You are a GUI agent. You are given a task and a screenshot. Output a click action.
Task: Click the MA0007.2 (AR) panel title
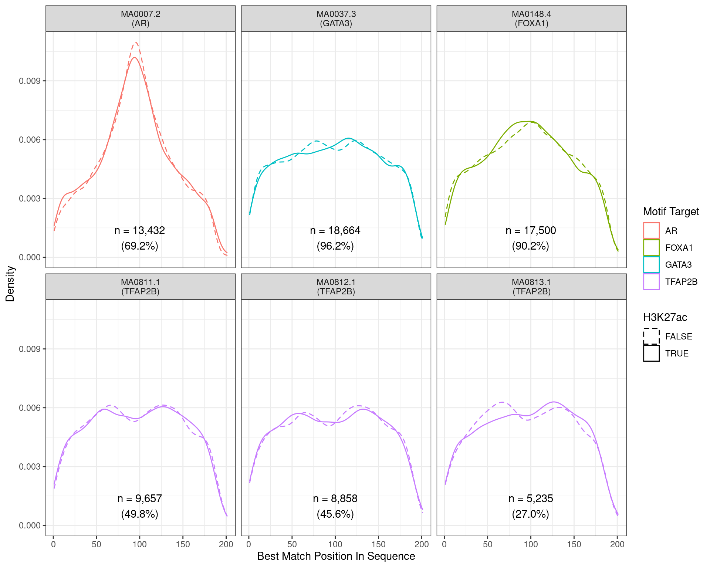[x=141, y=18]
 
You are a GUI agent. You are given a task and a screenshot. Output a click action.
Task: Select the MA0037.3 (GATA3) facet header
[x=336, y=18]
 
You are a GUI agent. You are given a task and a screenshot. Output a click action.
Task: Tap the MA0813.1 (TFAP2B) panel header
[x=531, y=287]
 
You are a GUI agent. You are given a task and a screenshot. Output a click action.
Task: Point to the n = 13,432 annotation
[x=139, y=230]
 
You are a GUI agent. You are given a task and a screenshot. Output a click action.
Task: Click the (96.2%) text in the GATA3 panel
[x=335, y=246]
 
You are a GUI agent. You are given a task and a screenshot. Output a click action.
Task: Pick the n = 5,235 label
[x=531, y=498]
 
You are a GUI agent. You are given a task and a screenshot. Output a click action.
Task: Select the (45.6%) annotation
[x=335, y=514]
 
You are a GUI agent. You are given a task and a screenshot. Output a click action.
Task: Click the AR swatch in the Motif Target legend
[x=651, y=230]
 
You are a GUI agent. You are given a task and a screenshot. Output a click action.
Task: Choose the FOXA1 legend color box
[x=651, y=247]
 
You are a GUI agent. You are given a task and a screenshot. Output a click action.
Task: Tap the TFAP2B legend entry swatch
[x=651, y=281]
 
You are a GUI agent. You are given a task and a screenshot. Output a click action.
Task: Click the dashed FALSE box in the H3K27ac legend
[x=651, y=336]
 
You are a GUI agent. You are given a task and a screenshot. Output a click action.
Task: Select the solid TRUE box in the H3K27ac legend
[x=651, y=353]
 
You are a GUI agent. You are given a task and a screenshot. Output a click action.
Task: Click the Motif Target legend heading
[x=671, y=212]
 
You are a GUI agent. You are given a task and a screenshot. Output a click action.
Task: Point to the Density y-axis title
[x=10, y=284]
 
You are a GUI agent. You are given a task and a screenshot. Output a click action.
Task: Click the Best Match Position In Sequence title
[x=336, y=556]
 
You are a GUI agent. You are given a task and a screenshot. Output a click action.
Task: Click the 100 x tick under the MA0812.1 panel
[x=335, y=544]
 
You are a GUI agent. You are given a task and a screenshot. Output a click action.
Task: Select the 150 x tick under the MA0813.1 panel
[x=574, y=544]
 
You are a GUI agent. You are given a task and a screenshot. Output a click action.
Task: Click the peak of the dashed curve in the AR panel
[x=136, y=43]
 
